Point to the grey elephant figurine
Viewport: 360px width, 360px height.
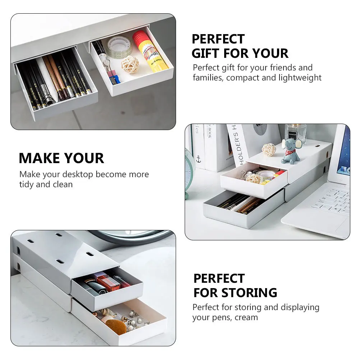pos(290,151)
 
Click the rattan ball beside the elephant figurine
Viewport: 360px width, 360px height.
pos(269,149)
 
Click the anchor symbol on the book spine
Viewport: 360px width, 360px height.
pos(198,158)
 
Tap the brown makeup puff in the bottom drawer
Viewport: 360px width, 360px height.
pos(116,327)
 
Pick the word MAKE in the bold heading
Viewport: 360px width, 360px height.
pos(40,158)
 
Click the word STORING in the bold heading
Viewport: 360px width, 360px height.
pos(249,292)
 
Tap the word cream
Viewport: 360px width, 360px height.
pos(246,317)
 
